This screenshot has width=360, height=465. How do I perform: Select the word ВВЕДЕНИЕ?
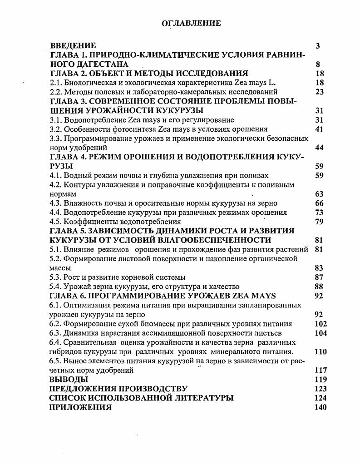click(73, 46)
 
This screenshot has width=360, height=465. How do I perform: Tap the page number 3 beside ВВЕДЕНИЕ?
click(318, 46)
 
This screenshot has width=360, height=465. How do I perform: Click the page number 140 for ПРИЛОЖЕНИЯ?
click(320, 407)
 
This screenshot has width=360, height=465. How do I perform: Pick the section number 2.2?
click(55, 92)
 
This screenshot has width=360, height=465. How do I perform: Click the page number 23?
click(319, 92)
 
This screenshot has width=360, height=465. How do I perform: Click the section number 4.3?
click(55, 203)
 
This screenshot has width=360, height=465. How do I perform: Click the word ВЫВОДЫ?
click(69, 380)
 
